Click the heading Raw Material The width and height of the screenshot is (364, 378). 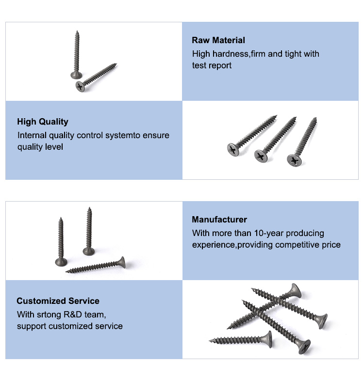pyautogui.click(x=218, y=40)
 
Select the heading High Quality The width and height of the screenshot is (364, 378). pyautogui.click(x=43, y=122)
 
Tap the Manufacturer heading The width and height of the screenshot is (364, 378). pyautogui.click(x=219, y=220)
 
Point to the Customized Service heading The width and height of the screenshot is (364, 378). pyautogui.click(x=58, y=301)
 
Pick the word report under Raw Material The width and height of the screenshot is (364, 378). pyautogui.click(x=220, y=65)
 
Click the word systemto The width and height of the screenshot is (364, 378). pyautogui.click(x=123, y=136)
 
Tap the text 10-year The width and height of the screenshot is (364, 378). pyautogui.click(x=269, y=233)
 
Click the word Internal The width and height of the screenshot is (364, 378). pyautogui.click(x=32, y=135)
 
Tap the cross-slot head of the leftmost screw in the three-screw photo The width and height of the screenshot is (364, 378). pyautogui.click(x=233, y=149)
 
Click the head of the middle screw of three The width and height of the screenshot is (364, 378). pyautogui.click(x=261, y=156)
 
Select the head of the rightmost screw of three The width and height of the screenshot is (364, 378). pyautogui.click(x=294, y=160)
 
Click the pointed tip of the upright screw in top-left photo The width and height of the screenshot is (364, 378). pyautogui.click(x=77, y=31)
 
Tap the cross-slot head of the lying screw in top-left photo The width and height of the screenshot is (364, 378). pyautogui.click(x=80, y=87)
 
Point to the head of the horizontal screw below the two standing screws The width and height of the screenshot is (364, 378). pyautogui.click(x=122, y=262)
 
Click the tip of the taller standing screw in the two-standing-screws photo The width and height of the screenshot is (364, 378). pyautogui.click(x=90, y=207)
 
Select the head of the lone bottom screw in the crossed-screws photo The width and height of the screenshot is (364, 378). pyautogui.click(x=269, y=339)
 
